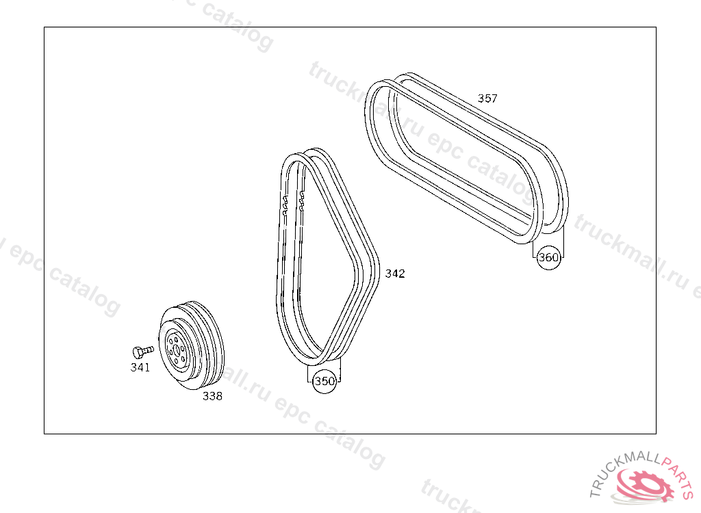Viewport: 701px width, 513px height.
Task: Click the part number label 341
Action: coord(140,367)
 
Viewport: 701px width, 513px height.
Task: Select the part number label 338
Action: coord(212,396)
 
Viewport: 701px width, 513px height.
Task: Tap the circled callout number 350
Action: coord(324,381)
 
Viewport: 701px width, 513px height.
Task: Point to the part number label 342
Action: coord(395,274)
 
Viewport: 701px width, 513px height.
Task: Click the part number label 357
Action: coord(487,98)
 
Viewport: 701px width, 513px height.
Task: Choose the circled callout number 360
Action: coord(548,257)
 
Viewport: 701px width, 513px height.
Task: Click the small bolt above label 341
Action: coord(143,352)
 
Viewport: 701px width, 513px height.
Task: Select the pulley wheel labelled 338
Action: coord(192,345)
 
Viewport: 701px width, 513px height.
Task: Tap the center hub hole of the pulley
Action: coord(176,350)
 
